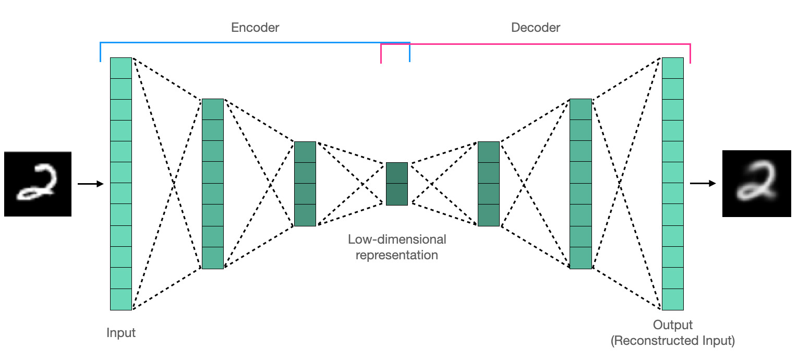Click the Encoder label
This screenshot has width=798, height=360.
(x=255, y=28)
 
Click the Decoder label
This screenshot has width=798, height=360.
(x=535, y=28)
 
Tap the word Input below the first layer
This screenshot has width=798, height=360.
(x=121, y=333)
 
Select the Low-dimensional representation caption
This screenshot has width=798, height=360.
(x=397, y=247)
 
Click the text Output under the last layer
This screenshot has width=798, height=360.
(x=673, y=325)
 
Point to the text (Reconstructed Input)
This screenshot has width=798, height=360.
(x=673, y=341)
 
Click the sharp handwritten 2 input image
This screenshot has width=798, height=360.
(x=38, y=184)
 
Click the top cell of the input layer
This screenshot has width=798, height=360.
(x=121, y=68)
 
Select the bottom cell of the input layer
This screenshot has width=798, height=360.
(x=121, y=299)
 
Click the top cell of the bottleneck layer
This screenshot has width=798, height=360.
(x=397, y=173)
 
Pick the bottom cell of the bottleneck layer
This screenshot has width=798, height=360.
(x=397, y=194)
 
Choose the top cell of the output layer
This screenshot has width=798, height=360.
(x=673, y=68)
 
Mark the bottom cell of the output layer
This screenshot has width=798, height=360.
(x=673, y=299)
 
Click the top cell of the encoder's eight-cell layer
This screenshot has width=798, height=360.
(x=212, y=109)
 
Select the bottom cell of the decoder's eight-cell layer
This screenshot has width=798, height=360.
(x=581, y=258)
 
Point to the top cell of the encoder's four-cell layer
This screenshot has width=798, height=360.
(x=305, y=152)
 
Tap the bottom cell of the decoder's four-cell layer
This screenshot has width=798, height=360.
(x=489, y=215)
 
